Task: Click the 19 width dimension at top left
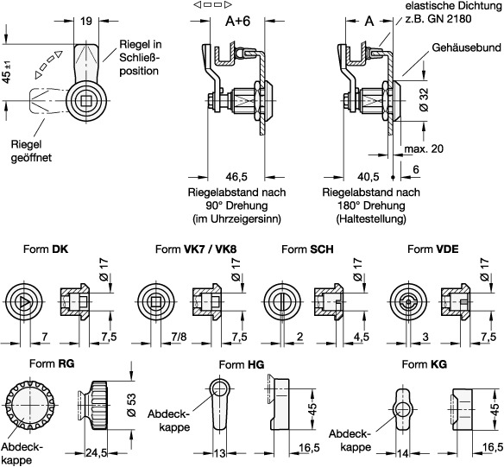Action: [x=85, y=22]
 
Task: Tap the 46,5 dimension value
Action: [x=236, y=177]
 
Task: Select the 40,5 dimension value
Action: [x=368, y=177]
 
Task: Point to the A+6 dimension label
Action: [x=237, y=22]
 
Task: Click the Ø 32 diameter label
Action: [x=424, y=99]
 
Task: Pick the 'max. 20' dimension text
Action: [x=424, y=148]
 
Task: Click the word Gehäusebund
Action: [x=466, y=47]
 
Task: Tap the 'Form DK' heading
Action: [x=46, y=249]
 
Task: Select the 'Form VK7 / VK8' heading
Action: [x=196, y=249]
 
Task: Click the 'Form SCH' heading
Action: [x=307, y=249]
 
